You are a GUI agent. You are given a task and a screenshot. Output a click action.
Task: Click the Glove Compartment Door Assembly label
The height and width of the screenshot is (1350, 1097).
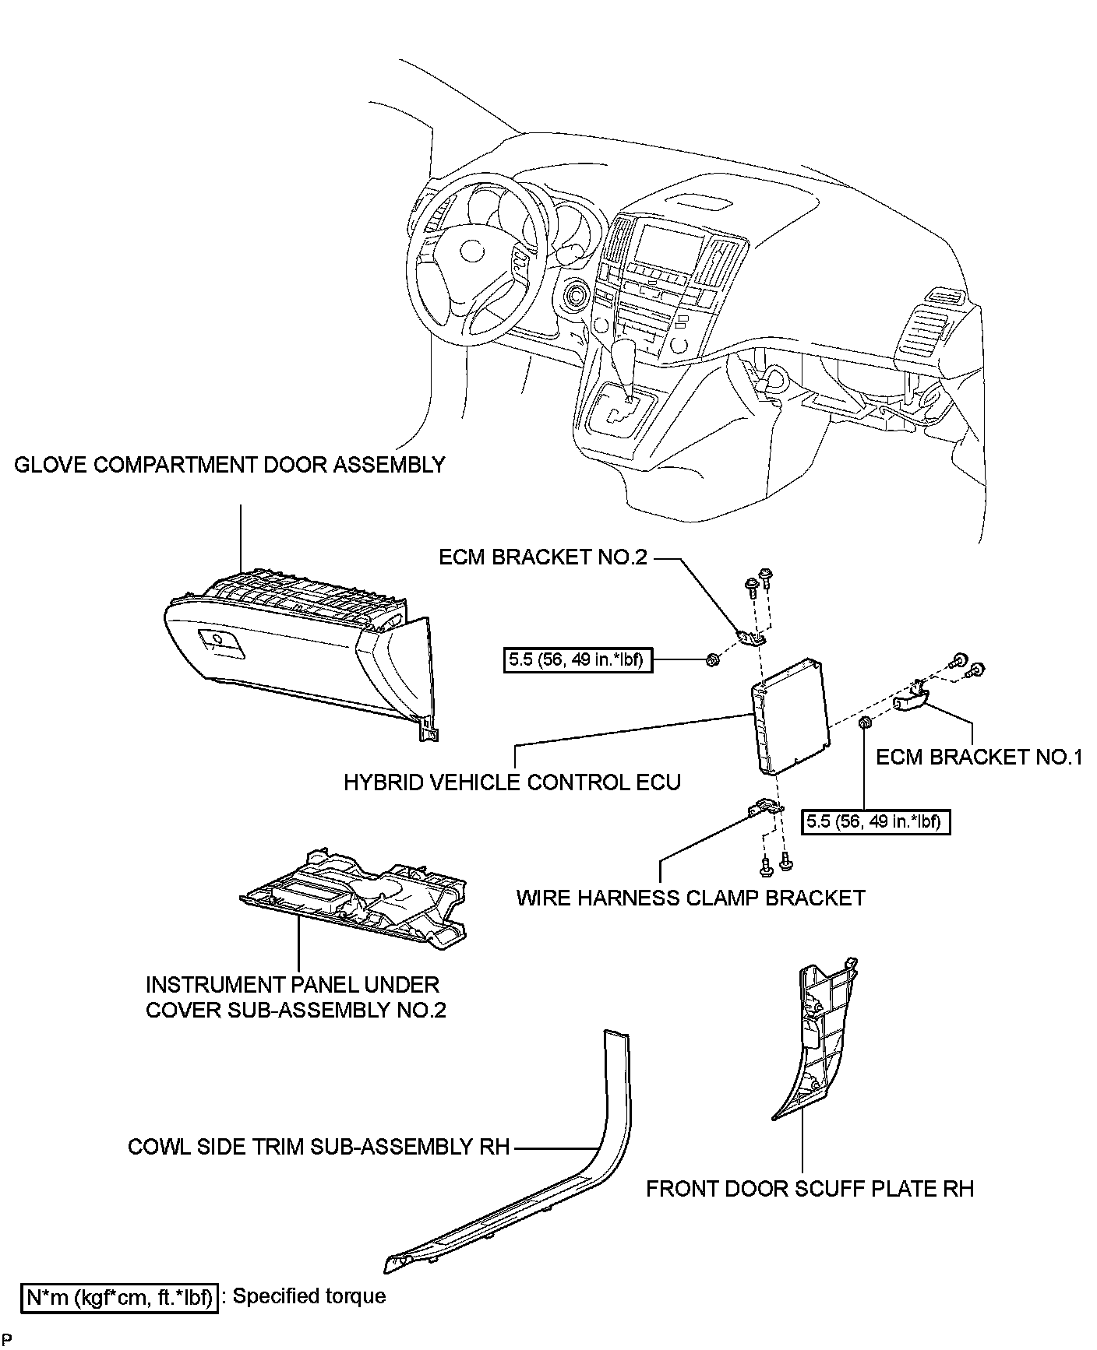tap(230, 466)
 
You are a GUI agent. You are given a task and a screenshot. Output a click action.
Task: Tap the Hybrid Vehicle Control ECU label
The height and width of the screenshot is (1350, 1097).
tap(512, 782)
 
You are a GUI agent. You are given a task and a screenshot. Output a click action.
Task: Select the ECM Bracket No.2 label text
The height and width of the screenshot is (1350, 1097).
tap(543, 557)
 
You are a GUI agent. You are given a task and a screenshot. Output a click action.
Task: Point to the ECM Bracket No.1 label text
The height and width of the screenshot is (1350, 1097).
tap(979, 757)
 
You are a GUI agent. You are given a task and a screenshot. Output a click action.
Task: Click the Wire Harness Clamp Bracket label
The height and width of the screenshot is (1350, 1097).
tap(690, 898)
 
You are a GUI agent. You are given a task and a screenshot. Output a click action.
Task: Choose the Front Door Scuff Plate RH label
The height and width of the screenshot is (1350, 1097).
tap(810, 1189)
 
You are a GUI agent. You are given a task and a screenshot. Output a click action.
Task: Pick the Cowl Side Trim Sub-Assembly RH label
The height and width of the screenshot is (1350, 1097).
tap(319, 1147)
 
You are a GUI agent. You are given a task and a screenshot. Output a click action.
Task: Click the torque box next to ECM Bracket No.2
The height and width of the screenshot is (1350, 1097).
tap(578, 661)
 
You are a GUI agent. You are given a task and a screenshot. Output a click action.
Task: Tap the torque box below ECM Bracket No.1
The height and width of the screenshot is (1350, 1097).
tap(876, 821)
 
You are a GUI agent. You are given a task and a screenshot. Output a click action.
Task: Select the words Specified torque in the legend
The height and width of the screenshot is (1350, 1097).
tap(309, 1296)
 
